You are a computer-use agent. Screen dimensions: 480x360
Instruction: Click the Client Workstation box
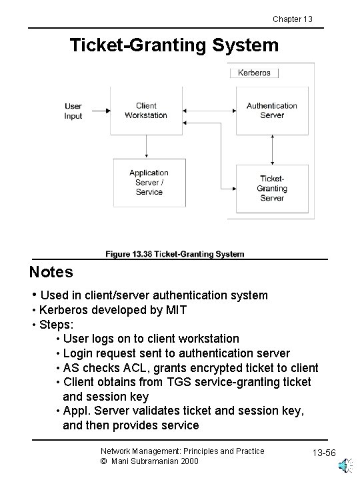(x=146, y=111)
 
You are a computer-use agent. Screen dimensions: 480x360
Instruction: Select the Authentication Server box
(x=272, y=111)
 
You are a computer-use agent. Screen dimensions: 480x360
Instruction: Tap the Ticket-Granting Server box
(x=272, y=188)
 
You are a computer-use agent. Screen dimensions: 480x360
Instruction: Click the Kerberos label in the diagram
(x=254, y=73)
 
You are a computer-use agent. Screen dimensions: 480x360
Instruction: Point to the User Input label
(x=73, y=111)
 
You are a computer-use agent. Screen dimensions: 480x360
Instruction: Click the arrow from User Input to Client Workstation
(x=97, y=111)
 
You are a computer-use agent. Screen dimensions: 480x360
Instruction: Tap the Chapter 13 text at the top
(x=292, y=19)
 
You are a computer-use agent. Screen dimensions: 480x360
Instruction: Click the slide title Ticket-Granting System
(x=175, y=45)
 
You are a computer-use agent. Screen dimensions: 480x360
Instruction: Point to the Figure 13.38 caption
(x=175, y=254)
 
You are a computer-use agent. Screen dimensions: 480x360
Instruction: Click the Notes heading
(x=51, y=272)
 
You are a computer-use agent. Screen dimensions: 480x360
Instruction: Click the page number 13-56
(x=325, y=454)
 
